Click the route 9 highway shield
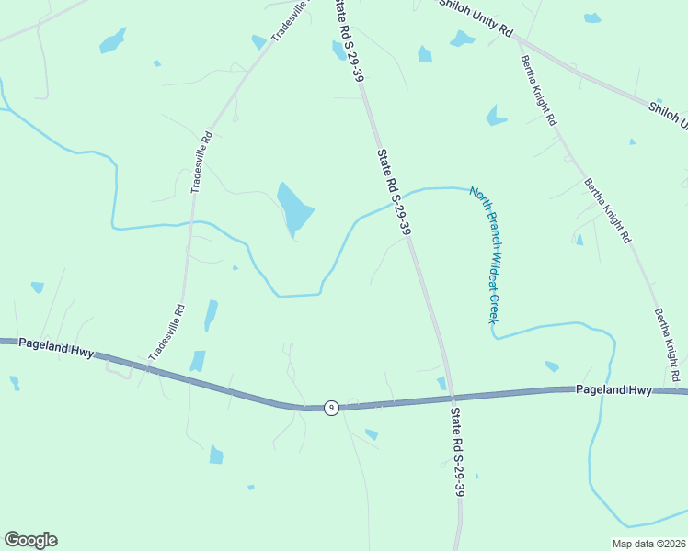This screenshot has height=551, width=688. (331, 407)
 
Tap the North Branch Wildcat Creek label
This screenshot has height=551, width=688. (485, 254)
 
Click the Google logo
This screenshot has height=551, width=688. (30, 540)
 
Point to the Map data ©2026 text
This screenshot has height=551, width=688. (648, 544)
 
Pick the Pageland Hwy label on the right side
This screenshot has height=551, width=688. (613, 389)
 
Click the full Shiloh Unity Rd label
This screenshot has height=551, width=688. (476, 17)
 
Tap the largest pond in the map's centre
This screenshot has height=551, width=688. (294, 208)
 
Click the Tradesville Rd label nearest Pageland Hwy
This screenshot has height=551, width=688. (166, 332)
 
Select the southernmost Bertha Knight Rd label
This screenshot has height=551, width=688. (667, 346)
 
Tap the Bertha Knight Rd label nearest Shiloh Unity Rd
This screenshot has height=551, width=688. (538, 91)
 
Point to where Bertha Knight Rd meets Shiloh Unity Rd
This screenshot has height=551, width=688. (517, 39)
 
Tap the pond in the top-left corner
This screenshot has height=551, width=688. (112, 41)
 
